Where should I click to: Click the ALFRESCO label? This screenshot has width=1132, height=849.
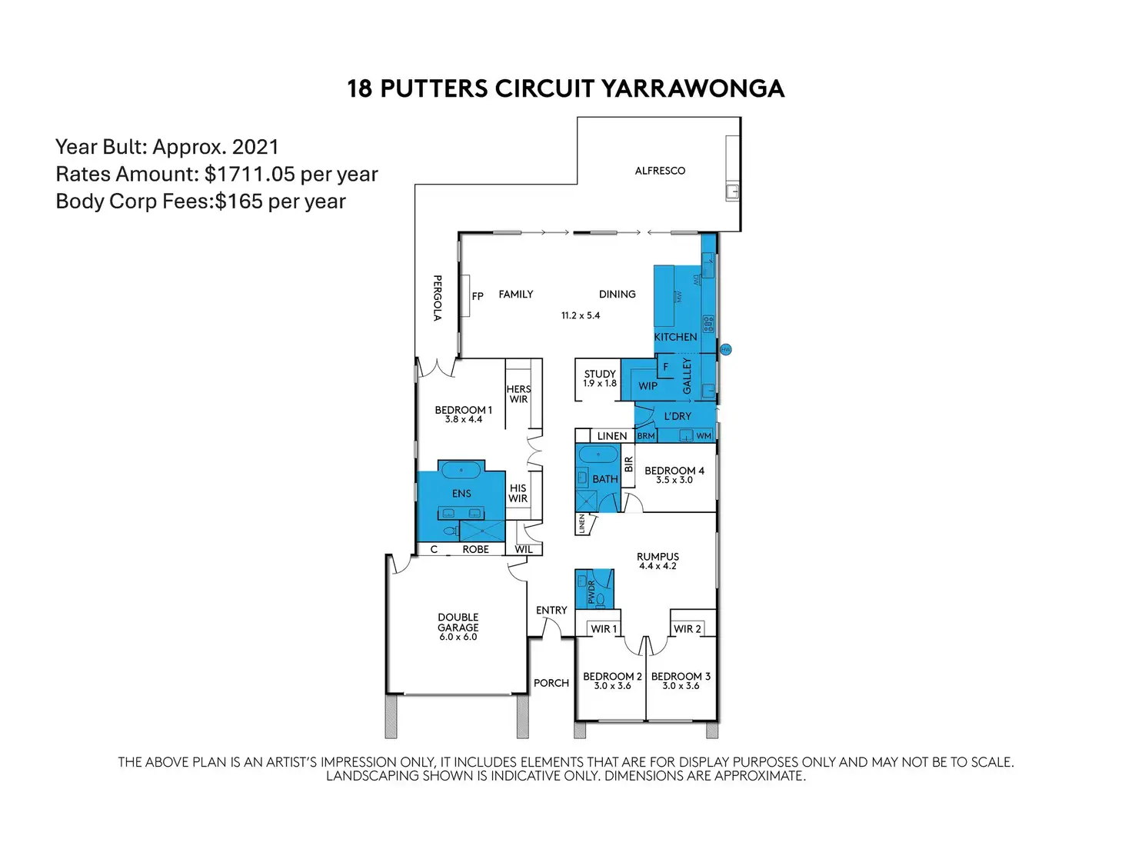660,171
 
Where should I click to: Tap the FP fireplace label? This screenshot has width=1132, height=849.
478,296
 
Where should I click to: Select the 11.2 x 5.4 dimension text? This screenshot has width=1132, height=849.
581,315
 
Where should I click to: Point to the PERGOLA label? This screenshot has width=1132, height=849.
437,298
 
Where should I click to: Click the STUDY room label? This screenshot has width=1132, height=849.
600,374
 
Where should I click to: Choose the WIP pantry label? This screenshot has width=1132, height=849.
648,386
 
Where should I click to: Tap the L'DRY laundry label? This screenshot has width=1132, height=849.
678,416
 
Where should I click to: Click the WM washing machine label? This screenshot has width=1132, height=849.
704,436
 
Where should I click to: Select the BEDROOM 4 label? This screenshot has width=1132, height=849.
674,471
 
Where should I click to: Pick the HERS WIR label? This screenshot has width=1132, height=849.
518,394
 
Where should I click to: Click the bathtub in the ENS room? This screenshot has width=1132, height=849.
461,470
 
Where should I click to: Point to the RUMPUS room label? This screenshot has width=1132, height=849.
658,557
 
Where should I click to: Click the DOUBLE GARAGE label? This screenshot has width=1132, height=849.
458,622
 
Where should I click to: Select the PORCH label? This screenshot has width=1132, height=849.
551,683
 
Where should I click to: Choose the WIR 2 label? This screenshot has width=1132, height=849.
688,629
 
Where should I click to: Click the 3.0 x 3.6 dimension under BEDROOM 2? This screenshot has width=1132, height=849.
612,686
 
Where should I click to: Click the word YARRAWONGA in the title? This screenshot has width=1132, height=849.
692,88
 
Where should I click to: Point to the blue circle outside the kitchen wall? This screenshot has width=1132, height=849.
725,350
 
